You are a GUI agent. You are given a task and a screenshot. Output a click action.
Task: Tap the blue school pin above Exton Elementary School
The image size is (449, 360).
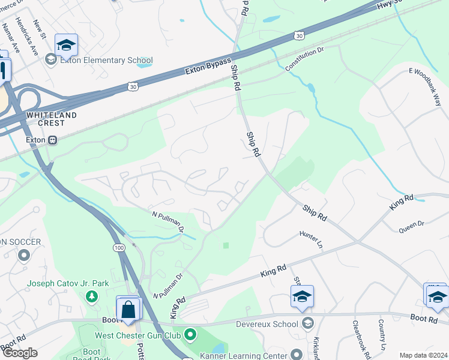66,46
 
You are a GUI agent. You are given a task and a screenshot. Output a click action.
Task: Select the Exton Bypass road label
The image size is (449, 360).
208,67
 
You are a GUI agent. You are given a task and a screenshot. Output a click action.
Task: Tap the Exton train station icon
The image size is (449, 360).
53,140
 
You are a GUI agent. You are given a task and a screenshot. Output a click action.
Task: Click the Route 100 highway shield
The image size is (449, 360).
118,248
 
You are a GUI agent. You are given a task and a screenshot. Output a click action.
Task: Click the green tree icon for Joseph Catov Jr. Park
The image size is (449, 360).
91,296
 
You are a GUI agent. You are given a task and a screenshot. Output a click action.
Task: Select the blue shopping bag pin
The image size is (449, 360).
128,310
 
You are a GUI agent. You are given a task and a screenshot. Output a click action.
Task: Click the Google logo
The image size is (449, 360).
19,353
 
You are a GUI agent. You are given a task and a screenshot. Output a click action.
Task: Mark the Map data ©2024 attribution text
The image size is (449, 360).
423,355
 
